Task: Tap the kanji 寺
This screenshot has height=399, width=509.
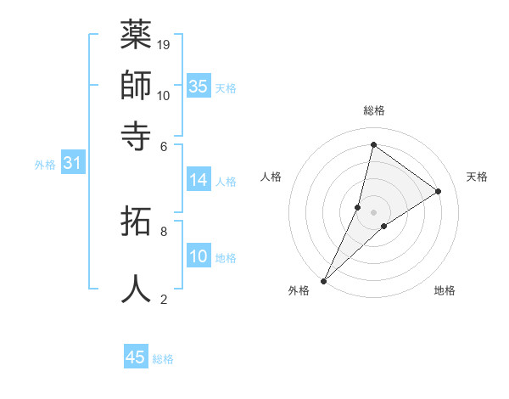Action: coord(136,133)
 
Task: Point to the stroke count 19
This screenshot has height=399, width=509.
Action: coord(165,44)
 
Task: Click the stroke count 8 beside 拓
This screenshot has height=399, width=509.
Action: coord(164,231)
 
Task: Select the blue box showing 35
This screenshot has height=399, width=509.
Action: coord(199,86)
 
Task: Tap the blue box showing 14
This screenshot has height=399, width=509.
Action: coord(199,179)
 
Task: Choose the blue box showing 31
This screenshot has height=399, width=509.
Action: coord(72,164)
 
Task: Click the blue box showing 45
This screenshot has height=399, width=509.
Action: coord(136,357)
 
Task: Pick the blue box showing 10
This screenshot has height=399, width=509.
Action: coord(199,256)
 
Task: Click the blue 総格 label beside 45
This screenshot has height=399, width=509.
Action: coord(163,359)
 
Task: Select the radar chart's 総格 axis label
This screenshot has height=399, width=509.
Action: coord(373,110)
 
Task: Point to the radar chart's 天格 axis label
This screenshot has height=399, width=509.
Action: coord(477,177)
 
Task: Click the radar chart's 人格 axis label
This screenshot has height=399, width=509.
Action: coord(271,177)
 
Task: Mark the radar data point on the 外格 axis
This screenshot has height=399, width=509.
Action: coord(323,281)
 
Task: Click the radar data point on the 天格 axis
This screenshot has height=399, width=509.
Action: coord(439,192)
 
